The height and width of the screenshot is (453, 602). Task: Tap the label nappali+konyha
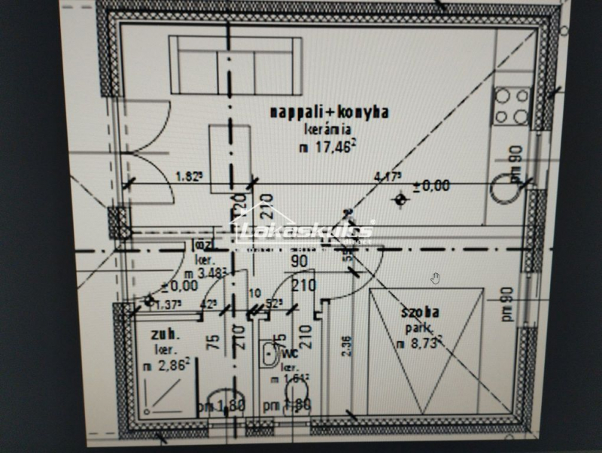click(x=330, y=113)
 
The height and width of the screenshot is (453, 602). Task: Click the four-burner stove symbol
click(x=512, y=106)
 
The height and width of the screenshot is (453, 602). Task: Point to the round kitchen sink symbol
click(x=504, y=190)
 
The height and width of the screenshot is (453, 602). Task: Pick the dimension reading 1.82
click(x=190, y=177)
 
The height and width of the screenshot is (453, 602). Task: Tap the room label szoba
click(x=421, y=311)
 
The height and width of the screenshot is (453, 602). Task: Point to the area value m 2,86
click(x=164, y=365)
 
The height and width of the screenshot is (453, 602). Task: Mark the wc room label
click(x=291, y=351)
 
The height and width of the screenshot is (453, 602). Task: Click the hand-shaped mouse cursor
click(x=435, y=278)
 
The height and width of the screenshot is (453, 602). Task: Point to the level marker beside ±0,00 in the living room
click(x=400, y=199)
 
